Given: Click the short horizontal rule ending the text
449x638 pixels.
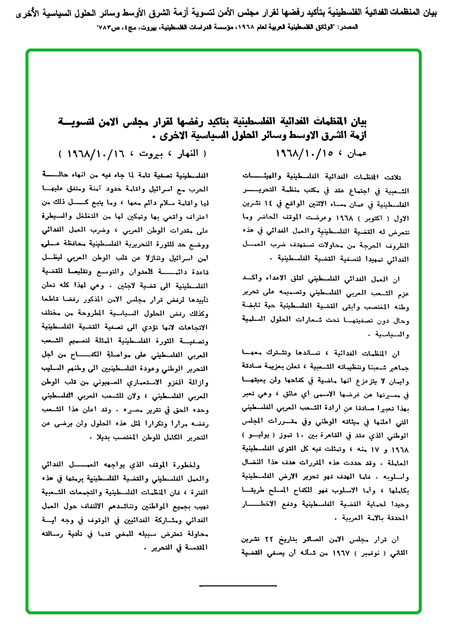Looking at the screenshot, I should click(x=238, y=587).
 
